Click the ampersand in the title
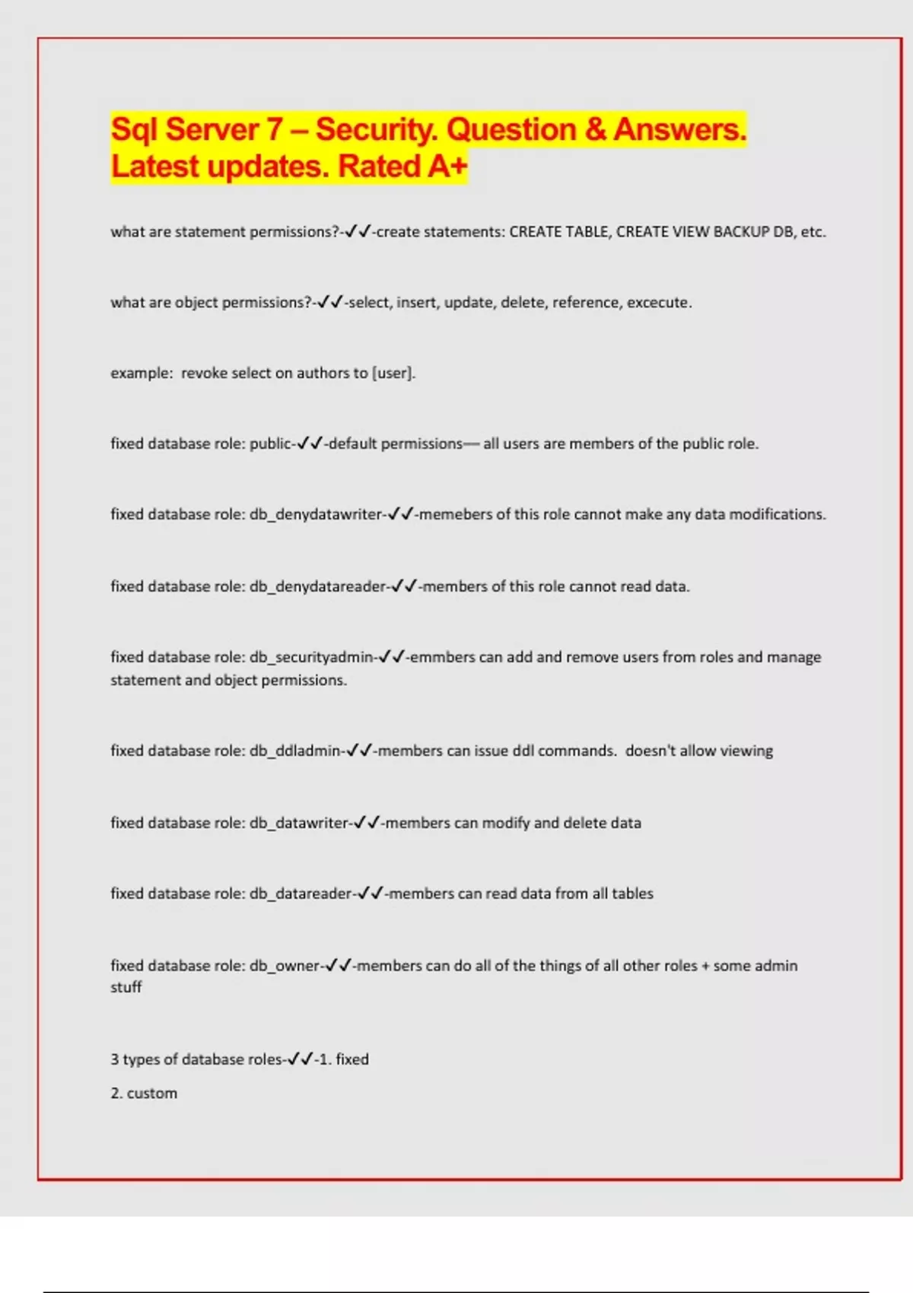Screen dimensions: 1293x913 pyautogui.click(x=595, y=130)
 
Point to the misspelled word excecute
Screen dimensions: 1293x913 pyautogui.click(x=659, y=303)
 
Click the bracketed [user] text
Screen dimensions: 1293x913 pyautogui.click(x=393, y=373)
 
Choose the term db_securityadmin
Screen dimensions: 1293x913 pyautogui.click(x=312, y=657)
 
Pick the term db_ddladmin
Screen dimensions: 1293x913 pyautogui.click(x=295, y=751)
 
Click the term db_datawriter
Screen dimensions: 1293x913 pyautogui.click(x=299, y=823)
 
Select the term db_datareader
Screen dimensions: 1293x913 pyautogui.click(x=301, y=894)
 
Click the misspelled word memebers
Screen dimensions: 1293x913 pyautogui.click(x=456, y=515)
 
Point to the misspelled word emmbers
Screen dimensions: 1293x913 pyautogui.click(x=442, y=657)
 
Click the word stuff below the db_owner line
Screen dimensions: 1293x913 pyautogui.click(x=126, y=987)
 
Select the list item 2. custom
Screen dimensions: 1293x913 pyautogui.click(x=144, y=1094)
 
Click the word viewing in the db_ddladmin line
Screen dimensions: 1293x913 pyautogui.click(x=746, y=751)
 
